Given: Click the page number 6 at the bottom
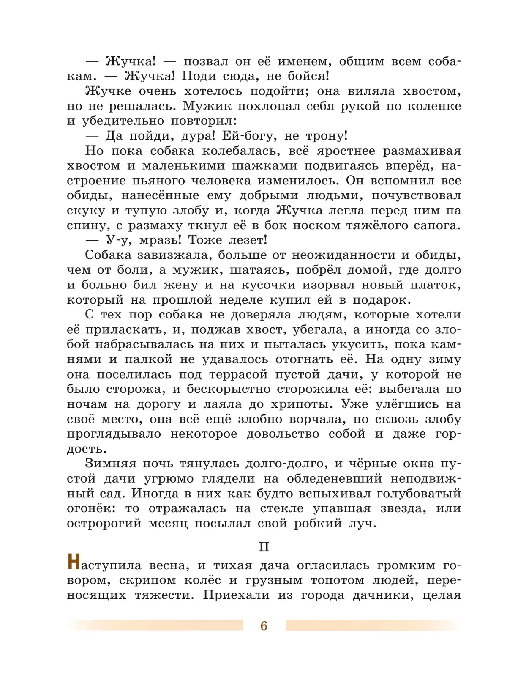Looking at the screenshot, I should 264,626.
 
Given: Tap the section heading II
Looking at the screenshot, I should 264,546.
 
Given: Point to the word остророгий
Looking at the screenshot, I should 104,523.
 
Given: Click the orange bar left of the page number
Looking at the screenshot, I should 156,625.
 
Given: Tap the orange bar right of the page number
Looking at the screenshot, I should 372,625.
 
